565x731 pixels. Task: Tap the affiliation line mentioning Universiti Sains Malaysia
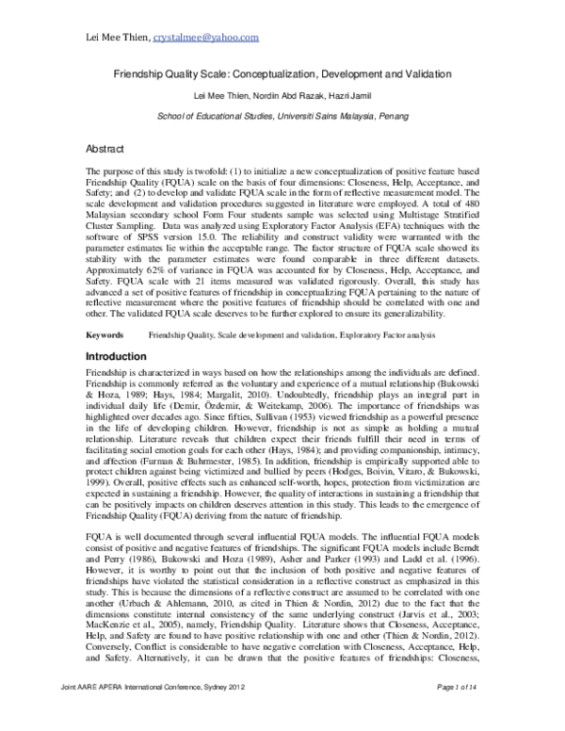[282, 114]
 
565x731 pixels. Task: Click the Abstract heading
[105, 149]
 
